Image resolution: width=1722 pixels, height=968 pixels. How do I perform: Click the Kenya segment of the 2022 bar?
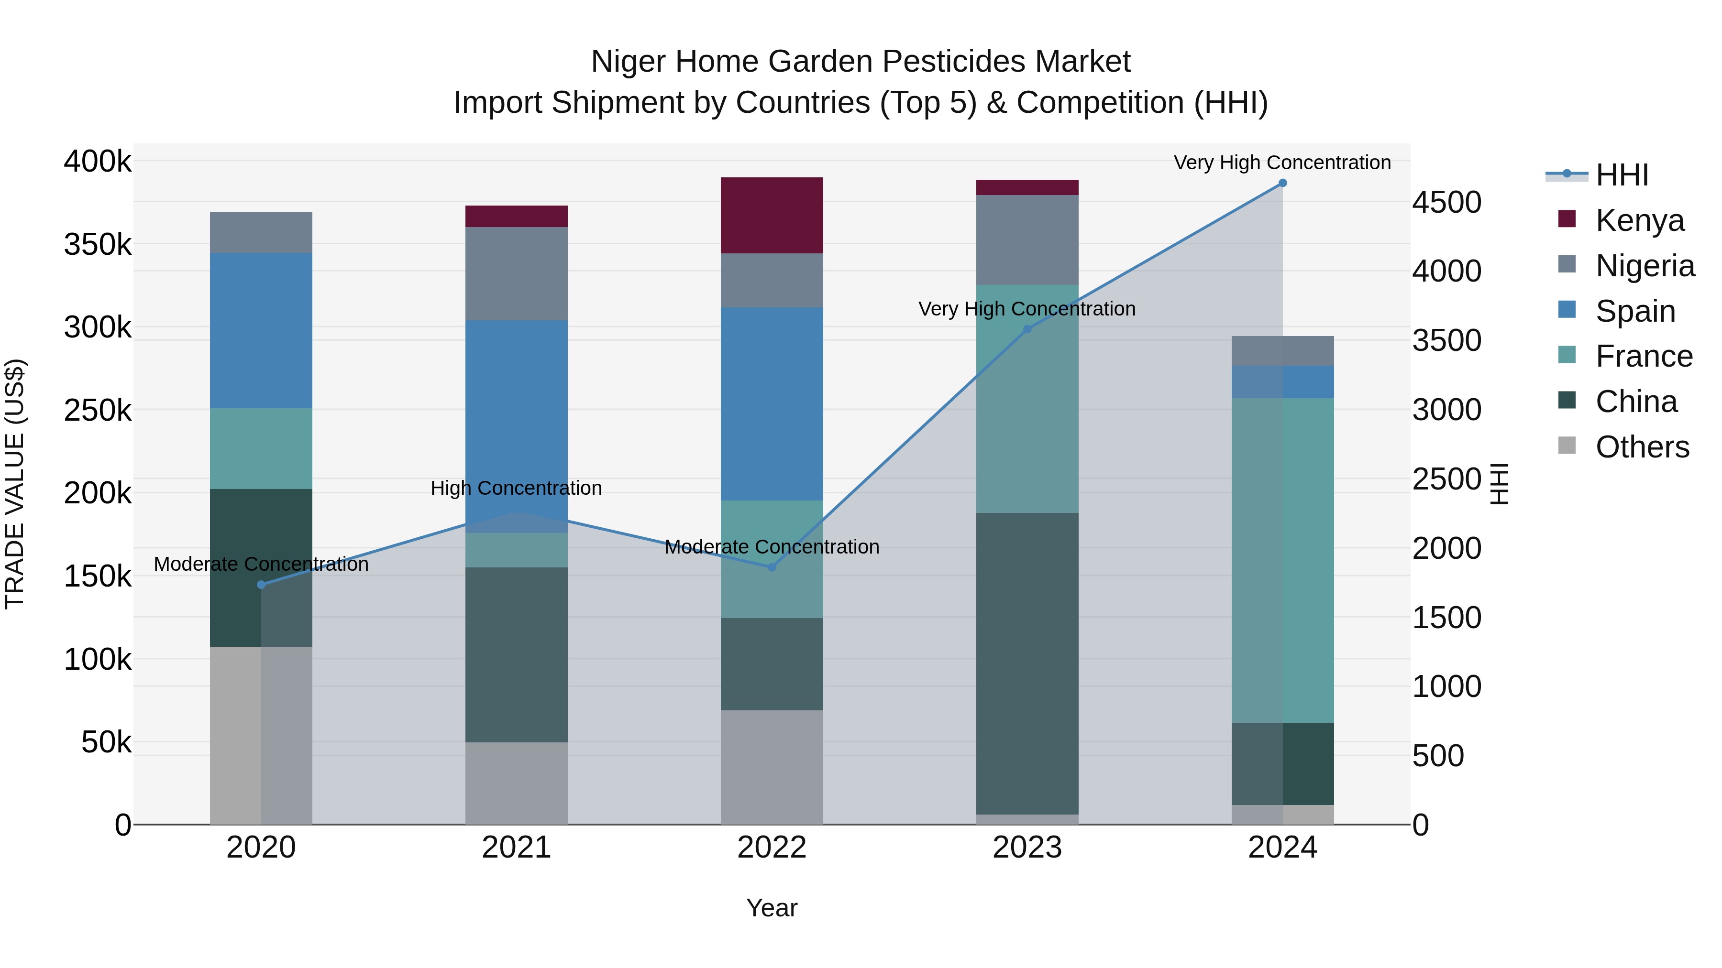tap(772, 215)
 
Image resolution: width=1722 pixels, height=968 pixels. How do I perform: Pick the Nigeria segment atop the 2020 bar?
tap(261, 232)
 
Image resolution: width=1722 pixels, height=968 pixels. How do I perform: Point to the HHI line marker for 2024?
tap(1282, 183)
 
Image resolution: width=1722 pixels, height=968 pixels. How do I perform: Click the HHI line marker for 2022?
tap(772, 567)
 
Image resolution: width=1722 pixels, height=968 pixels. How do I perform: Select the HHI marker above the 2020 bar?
tap(261, 585)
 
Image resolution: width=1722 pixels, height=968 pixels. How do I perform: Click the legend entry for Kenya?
tap(1639, 220)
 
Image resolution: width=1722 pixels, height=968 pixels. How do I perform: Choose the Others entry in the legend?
tap(1642, 447)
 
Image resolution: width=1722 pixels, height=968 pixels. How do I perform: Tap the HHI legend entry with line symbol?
tap(1621, 175)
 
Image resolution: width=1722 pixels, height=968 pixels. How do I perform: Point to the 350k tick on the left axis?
tap(98, 244)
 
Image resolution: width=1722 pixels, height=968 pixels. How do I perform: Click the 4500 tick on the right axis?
tap(1446, 202)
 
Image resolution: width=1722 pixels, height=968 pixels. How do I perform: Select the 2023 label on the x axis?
tap(1027, 848)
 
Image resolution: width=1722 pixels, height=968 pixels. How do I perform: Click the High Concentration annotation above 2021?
tap(516, 489)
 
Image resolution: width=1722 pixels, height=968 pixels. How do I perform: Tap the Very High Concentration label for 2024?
tap(1281, 163)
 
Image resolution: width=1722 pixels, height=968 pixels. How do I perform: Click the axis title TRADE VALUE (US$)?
tap(15, 484)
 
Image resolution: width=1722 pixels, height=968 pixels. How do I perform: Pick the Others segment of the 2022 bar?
tap(772, 767)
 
